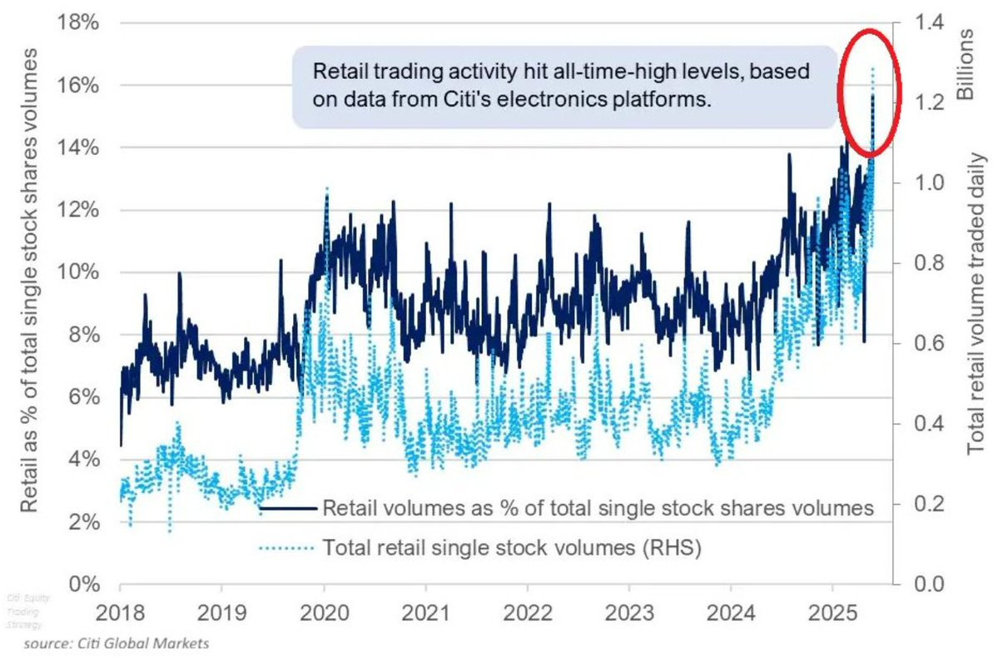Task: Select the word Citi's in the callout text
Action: pyautogui.click(x=485, y=99)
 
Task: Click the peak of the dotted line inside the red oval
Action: pyautogui.click(x=872, y=69)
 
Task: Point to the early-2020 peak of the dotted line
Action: pyautogui.click(x=327, y=188)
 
